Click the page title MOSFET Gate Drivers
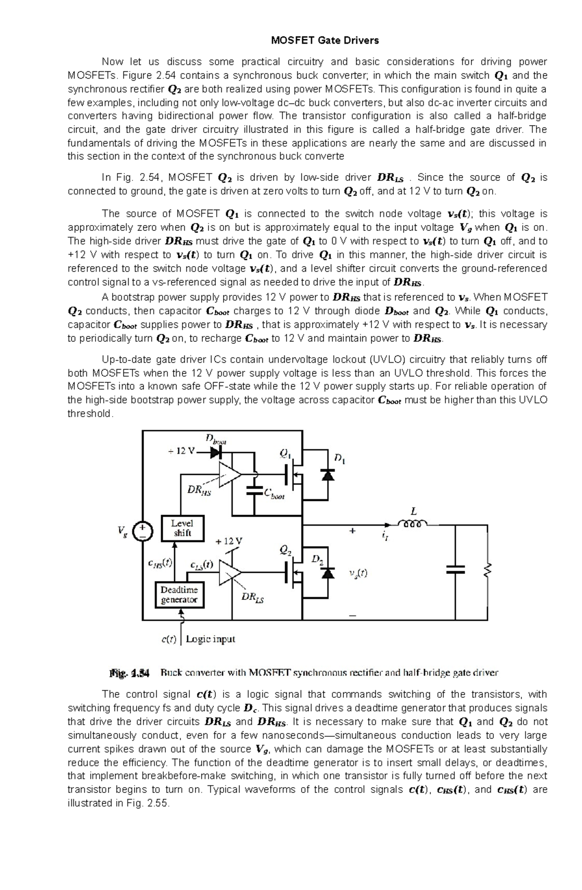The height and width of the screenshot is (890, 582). [x=324, y=41]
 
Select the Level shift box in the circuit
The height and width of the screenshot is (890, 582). [x=182, y=528]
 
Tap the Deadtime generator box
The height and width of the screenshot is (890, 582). [x=179, y=595]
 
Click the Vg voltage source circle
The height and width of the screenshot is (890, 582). [x=143, y=532]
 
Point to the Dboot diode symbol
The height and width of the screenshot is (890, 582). [x=216, y=453]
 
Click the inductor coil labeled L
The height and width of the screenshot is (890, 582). [x=412, y=523]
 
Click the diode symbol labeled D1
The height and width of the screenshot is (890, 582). [x=328, y=475]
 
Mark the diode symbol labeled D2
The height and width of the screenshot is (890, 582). [x=328, y=573]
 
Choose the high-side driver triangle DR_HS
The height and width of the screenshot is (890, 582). [x=229, y=474]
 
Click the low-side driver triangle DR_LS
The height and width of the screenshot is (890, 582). [x=229, y=573]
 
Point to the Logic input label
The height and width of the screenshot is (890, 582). [x=210, y=639]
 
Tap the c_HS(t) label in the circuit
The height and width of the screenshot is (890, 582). [x=160, y=563]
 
